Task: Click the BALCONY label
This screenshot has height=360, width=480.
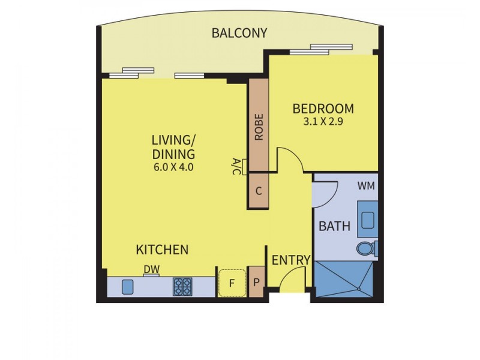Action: [239, 33]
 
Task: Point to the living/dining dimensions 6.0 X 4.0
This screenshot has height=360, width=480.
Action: [173, 167]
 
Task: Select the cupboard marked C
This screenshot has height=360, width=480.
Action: [259, 192]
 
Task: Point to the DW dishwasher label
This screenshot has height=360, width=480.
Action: [151, 271]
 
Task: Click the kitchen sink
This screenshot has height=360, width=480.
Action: [128, 287]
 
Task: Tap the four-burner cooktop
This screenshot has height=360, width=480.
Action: [182, 287]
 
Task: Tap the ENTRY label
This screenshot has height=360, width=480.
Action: [291, 260]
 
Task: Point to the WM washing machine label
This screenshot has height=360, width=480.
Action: [366, 186]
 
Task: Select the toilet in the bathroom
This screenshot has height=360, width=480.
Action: [365, 248]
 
